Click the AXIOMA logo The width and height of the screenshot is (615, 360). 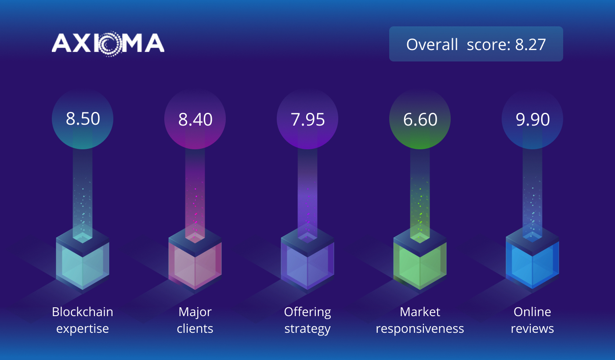(x=108, y=43)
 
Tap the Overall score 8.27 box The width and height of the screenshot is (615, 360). (x=476, y=44)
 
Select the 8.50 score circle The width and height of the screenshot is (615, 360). (x=83, y=119)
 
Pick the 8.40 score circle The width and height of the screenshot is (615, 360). (x=195, y=119)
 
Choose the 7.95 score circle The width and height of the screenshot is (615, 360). (x=307, y=119)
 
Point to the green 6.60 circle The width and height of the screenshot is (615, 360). (x=420, y=119)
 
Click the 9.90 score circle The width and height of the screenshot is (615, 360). (x=532, y=119)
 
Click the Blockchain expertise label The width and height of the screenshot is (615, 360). (x=83, y=320)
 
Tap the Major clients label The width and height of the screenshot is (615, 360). (x=195, y=320)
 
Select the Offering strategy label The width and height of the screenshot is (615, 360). (x=307, y=320)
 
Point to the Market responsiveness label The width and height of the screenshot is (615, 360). (x=420, y=320)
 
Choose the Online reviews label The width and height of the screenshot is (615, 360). (x=532, y=320)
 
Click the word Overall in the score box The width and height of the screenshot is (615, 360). (x=432, y=44)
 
